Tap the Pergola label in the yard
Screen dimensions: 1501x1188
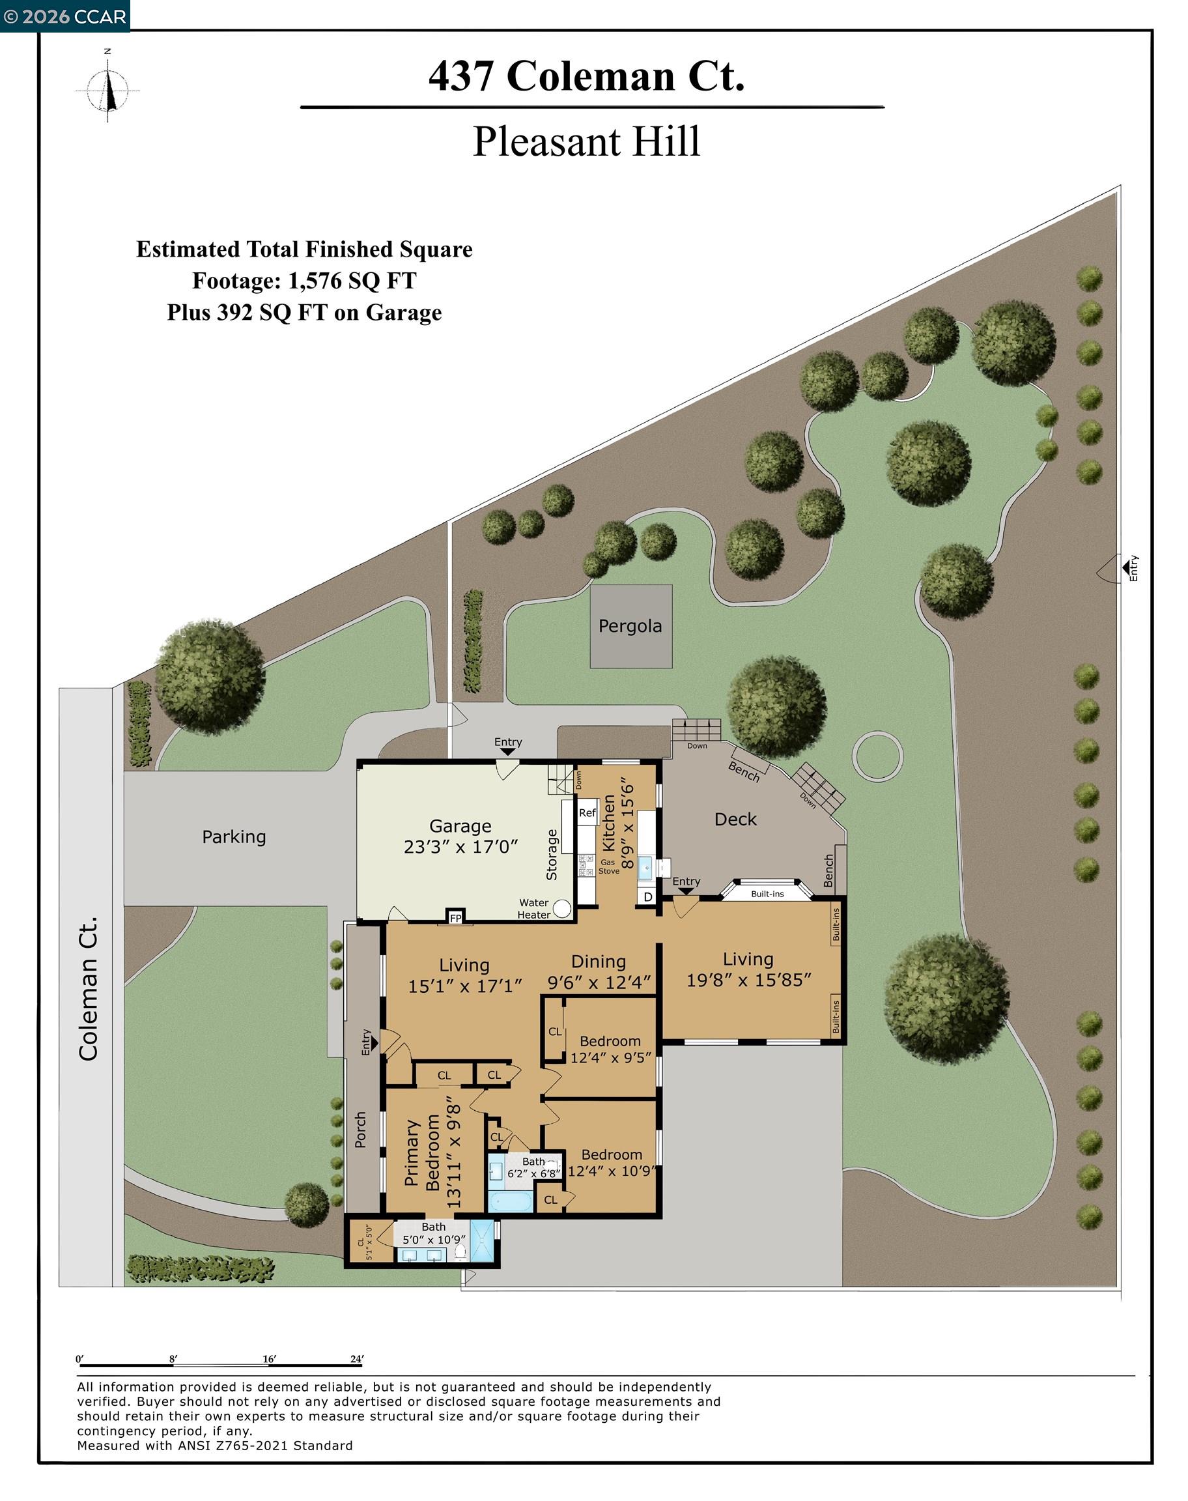630,626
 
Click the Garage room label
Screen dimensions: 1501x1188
460,825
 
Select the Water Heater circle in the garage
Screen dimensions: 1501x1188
562,908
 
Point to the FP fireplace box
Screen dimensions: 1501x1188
455,918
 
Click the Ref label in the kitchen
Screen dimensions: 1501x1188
587,812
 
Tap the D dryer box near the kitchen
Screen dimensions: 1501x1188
647,897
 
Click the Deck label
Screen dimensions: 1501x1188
735,820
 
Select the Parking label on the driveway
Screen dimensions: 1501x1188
234,836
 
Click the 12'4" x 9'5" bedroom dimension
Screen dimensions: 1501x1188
611,1058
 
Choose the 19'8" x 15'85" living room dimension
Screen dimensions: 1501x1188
749,980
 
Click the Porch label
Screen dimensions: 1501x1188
360,1130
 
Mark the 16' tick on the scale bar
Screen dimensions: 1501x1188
268,1359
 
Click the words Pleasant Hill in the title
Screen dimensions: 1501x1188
586,141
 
